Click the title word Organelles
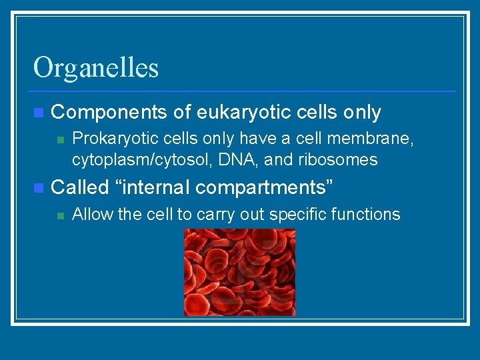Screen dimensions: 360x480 click(x=96, y=68)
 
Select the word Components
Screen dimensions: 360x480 click(x=109, y=113)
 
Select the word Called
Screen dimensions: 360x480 click(x=79, y=187)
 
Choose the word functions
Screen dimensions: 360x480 click(x=369, y=214)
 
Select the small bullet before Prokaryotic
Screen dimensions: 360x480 click(x=60, y=139)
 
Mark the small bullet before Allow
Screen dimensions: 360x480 click(x=60, y=215)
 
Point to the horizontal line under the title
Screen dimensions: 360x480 click(x=244, y=91)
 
